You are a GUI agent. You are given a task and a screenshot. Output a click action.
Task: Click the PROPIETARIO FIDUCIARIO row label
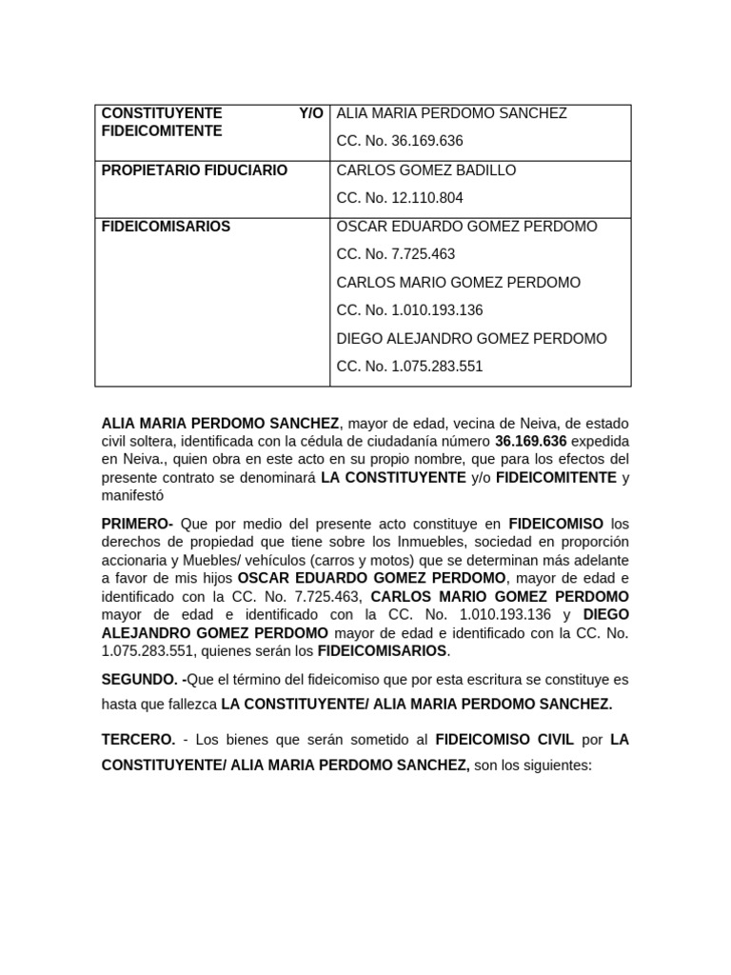pos(194,170)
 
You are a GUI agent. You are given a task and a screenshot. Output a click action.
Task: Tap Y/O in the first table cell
pos(310,113)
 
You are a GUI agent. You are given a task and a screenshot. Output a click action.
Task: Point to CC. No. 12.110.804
pos(400,198)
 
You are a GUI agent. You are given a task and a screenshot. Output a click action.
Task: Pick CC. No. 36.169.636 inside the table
pos(400,141)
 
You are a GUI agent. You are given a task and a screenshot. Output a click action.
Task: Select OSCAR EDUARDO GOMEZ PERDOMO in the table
pos(467,227)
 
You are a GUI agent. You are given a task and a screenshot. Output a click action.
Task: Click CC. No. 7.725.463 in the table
pos(396,254)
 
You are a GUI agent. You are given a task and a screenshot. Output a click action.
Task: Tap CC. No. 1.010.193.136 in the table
pos(410,310)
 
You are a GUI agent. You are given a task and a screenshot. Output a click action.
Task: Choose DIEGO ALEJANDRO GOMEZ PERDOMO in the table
pos(471,339)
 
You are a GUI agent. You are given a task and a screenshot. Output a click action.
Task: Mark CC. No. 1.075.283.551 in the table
pos(410,367)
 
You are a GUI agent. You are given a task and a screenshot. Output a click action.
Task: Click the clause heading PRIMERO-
pos(137,524)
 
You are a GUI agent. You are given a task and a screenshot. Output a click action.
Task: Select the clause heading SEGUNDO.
pos(141,680)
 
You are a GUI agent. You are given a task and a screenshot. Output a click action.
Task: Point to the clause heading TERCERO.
pos(138,739)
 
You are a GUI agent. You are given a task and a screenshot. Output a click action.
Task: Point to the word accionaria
pos(134,560)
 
